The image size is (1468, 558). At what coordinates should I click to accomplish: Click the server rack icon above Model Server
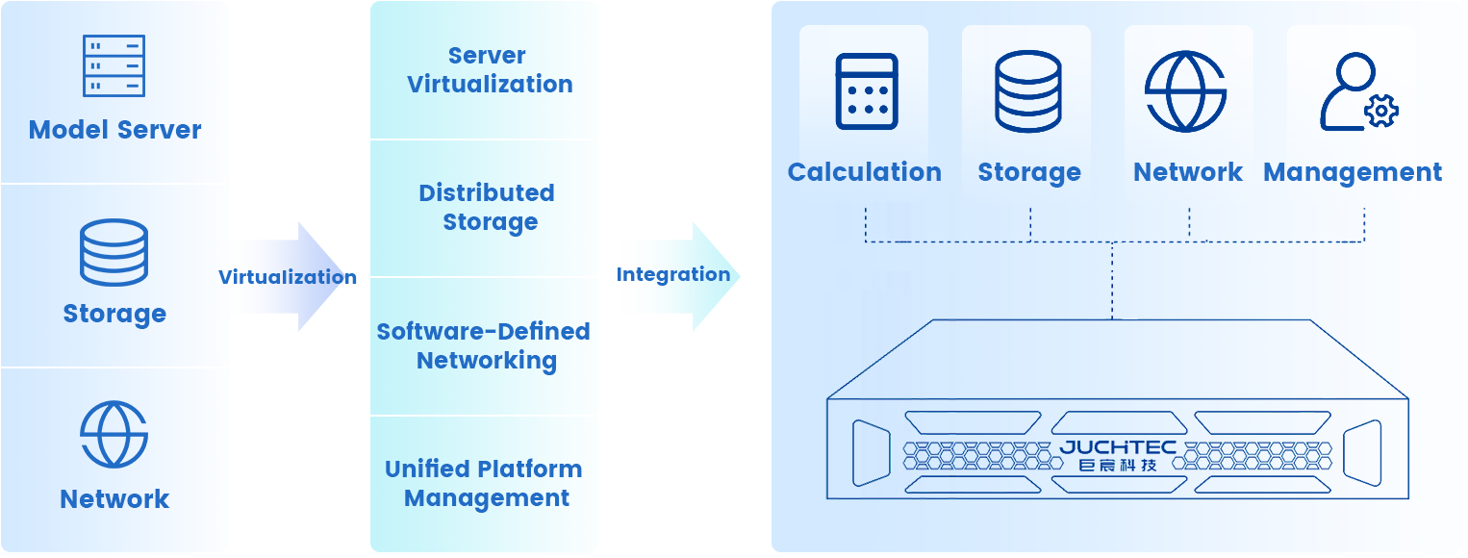114,65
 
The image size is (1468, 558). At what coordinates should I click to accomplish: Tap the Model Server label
115,130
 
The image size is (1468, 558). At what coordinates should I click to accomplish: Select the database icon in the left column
114,252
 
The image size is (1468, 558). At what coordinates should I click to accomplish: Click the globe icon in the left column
114,435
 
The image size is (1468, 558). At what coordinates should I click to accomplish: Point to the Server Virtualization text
489,70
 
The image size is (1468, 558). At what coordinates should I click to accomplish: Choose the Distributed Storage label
488,208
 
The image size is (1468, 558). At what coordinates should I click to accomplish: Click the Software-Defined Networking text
484,346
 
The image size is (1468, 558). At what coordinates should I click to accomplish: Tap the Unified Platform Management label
485,484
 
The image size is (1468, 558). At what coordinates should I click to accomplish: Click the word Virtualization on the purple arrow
281,278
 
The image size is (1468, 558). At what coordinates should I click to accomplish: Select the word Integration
671,275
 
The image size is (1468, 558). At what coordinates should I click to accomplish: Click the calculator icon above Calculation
867,91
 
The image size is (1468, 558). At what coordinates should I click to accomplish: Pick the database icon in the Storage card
1028,91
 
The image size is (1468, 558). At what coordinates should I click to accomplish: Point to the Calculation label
864,172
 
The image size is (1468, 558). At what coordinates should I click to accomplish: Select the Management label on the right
1352,173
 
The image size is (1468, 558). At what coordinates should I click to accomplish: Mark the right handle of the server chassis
1362,452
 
